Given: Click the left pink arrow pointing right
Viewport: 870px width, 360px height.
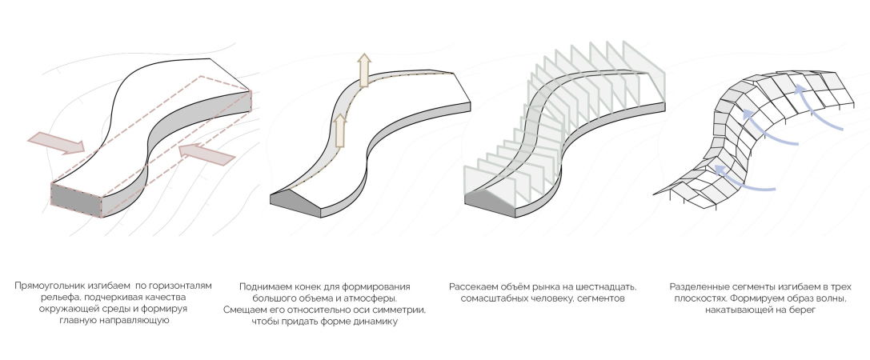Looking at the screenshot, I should (x=56, y=142).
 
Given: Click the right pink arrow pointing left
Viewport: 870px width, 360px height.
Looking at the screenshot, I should (x=207, y=153).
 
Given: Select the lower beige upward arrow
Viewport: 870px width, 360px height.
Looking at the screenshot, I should (x=339, y=130).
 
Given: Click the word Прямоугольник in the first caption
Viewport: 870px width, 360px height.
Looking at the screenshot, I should (x=48, y=286).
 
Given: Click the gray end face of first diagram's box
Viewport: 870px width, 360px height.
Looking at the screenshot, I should (x=76, y=200).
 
